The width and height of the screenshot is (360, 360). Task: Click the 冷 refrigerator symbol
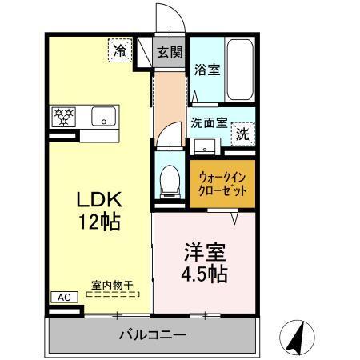pyautogui.click(x=119, y=50)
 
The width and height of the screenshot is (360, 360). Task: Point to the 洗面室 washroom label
pyautogui.click(x=209, y=124)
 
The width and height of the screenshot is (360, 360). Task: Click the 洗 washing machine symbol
pyautogui.click(x=242, y=134)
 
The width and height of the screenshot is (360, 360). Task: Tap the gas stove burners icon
pyautogui.click(x=63, y=116)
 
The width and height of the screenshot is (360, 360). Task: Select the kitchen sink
pyautogui.click(x=104, y=116)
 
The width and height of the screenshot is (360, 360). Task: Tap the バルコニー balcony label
pyautogui.click(x=153, y=334)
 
